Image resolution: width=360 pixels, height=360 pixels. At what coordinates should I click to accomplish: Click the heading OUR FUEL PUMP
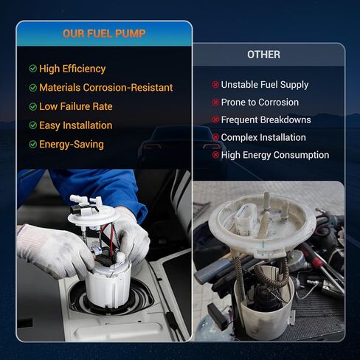point(104,34)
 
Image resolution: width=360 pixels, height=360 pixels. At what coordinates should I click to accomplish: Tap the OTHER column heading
point(263,55)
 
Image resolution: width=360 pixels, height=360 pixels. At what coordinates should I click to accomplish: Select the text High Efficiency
point(72,69)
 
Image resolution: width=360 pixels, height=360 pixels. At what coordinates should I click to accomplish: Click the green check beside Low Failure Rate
point(33,107)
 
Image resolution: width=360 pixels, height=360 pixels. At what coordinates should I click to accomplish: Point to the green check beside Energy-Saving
point(33,145)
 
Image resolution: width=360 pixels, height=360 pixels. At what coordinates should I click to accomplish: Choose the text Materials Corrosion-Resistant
point(106,88)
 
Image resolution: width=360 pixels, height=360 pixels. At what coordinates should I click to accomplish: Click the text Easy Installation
point(76,125)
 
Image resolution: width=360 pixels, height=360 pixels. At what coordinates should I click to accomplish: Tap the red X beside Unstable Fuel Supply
point(215,85)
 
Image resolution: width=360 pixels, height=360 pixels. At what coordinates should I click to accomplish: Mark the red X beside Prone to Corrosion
point(215,103)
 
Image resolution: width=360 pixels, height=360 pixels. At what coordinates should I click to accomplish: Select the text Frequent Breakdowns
point(266,120)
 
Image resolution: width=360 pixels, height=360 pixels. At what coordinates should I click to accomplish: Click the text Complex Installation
point(263,137)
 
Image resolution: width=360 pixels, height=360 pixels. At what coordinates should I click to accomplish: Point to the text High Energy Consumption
point(275,155)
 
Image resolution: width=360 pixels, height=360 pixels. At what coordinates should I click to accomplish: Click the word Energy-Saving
point(72,145)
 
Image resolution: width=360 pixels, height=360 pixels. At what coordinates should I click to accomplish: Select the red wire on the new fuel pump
point(112,242)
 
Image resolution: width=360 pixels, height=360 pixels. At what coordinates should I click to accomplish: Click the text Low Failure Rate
point(76,107)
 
